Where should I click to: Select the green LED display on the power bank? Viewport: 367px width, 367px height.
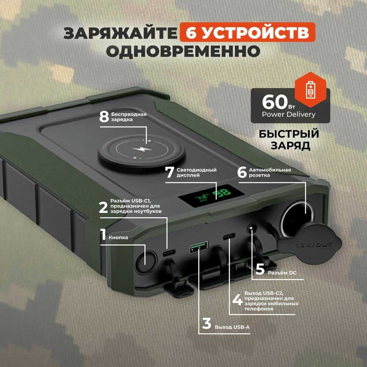point(211,196)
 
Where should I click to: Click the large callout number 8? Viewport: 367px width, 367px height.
point(104,117)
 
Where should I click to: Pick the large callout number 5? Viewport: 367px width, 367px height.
point(260,269)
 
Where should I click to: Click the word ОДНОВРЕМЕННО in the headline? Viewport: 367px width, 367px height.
point(183,51)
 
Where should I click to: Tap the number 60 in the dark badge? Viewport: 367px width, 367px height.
point(275,102)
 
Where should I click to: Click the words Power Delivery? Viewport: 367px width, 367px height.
point(288,115)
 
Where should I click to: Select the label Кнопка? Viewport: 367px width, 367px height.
point(118,238)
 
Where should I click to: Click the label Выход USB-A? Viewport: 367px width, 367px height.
point(232,327)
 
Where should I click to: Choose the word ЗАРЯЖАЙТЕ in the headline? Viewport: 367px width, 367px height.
point(120,33)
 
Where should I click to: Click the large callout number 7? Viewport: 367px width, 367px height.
point(170,172)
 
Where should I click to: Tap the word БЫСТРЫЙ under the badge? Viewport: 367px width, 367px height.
point(289,134)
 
